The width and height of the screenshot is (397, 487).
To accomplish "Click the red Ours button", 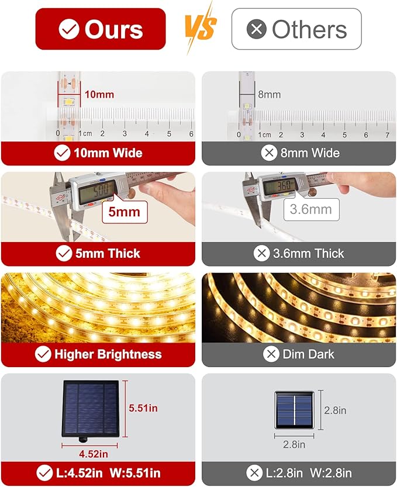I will (100, 29).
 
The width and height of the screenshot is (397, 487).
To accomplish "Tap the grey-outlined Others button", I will (296, 29).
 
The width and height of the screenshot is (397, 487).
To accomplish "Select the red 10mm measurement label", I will (99, 94).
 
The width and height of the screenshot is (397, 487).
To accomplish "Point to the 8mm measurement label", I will (269, 94).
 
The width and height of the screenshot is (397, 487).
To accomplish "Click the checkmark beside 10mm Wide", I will (62, 153).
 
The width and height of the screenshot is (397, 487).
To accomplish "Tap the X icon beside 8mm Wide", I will (269, 153).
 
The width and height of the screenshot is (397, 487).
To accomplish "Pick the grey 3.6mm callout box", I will (310, 209).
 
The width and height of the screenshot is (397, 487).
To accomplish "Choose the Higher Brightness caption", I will (108, 354).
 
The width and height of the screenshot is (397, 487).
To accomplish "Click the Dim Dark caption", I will (308, 354).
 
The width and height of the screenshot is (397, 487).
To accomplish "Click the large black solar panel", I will (91, 408).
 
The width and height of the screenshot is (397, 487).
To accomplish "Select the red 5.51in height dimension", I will (143, 408).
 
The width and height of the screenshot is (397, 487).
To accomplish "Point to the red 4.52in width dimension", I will (93, 453).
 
